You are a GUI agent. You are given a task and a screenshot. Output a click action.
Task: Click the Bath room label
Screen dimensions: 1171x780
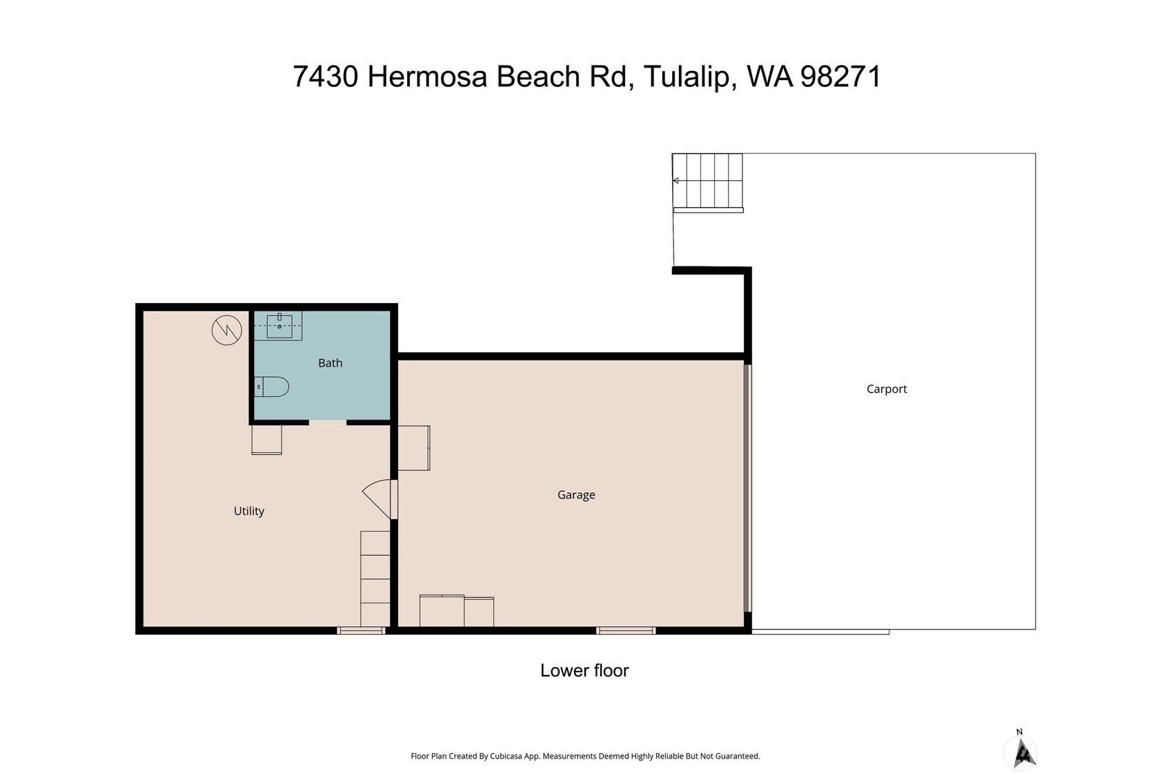coord(330,363)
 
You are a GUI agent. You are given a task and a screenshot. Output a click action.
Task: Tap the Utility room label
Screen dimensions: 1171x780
coord(249,511)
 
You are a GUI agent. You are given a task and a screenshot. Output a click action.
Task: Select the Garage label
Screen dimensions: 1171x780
coord(576,494)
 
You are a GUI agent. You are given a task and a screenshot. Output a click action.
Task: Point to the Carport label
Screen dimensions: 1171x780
coord(887,389)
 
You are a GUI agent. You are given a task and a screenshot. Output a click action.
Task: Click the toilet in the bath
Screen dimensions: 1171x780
coord(271,387)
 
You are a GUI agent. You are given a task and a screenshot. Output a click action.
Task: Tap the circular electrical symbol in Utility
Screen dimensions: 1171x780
coord(227,330)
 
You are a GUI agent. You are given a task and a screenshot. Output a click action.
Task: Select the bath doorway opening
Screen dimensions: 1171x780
coord(327,422)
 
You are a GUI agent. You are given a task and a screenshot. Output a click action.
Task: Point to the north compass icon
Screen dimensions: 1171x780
coord(1021,751)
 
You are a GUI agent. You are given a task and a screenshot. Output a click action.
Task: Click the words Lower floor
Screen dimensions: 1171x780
coord(584,671)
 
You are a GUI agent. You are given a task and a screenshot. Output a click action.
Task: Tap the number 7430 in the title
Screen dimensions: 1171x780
coord(325,77)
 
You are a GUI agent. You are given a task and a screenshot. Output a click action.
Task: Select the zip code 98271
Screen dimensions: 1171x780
coord(840,77)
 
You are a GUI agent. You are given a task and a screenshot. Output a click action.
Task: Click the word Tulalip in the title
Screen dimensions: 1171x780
coord(687,77)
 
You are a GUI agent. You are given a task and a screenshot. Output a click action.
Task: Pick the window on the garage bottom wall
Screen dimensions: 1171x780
coord(626,630)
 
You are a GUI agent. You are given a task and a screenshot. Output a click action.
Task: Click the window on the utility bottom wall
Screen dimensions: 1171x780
coord(361,630)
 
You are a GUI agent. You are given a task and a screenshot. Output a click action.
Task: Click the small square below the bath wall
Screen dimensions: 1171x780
coord(266,440)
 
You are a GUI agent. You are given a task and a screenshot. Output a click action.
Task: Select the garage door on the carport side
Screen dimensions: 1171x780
coord(747,488)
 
